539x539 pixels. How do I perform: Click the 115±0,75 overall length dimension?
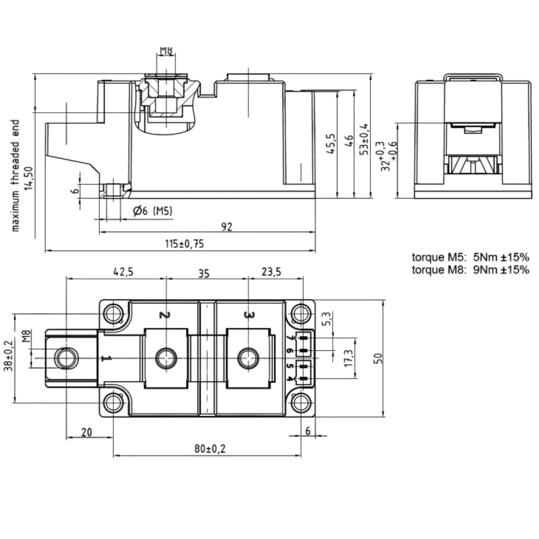[x=184, y=244]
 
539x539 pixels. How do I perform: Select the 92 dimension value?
[x=226, y=227]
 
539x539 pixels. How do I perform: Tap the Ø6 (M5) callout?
[x=153, y=211]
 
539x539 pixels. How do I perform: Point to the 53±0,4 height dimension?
[x=364, y=140]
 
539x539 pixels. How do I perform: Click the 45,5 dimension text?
[x=331, y=144]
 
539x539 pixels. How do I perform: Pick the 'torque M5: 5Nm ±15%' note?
[x=470, y=257]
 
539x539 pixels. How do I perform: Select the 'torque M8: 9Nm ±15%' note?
[x=470, y=270]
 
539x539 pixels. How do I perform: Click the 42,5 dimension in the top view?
[x=123, y=272]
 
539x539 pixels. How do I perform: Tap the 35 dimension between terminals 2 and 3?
[x=204, y=273]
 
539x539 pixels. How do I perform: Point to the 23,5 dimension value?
[x=271, y=272]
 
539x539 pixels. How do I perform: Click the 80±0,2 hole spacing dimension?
[x=210, y=449]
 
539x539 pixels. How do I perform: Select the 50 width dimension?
[x=378, y=358]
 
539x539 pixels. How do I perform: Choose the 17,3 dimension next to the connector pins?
[x=348, y=358]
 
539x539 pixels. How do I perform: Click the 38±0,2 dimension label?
[x=8, y=355]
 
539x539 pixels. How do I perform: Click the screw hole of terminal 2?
[x=166, y=358]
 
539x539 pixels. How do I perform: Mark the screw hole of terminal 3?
[x=248, y=358]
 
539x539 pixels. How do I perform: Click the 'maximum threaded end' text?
[x=15, y=176]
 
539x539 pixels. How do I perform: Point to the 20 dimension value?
[x=87, y=432]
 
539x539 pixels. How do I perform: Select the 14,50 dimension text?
[x=28, y=178]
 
